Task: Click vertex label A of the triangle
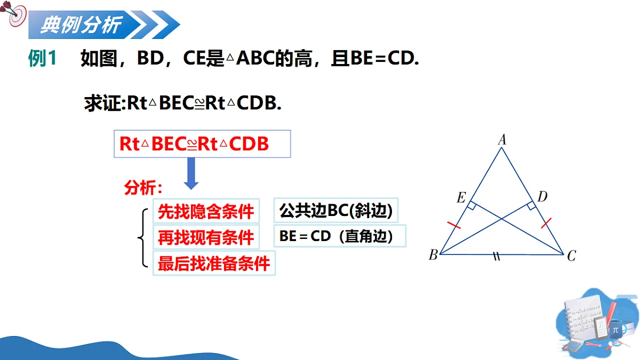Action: [x=502, y=140]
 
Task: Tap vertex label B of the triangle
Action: [x=433, y=255]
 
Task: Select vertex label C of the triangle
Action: [x=571, y=257]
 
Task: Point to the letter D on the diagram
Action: [x=542, y=197]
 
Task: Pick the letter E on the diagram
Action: [x=461, y=198]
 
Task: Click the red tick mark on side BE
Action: [x=454, y=225]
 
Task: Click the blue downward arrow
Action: [x=191, y=175]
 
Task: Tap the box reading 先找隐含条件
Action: [x=206, y=212]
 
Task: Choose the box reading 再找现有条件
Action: [x=206, y=238]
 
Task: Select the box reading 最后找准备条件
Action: [x=214, y=263]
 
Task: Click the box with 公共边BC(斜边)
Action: [x=336, y=211]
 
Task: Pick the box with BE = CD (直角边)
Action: [x=340, y=236]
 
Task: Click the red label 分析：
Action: [x=143, y=188]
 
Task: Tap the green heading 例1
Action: [x=42, y=59]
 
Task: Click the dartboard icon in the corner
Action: [x=16, y=15]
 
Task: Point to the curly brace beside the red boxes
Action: [x=141, y=238]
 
